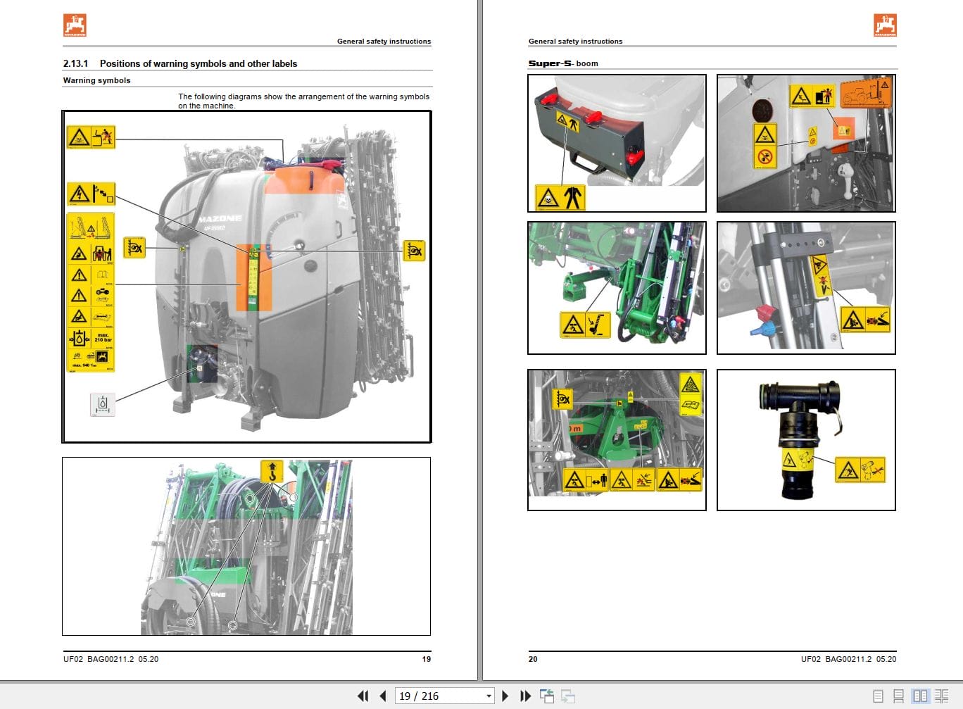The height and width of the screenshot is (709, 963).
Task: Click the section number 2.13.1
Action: (x=75, y=63)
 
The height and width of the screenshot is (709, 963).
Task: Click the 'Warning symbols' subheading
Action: (x=96, y=80)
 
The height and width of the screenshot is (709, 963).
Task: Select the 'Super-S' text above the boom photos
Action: (x=550, y=63)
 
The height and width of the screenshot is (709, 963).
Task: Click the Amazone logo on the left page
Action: (x=75, y=25)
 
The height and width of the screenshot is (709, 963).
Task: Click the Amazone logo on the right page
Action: (x=885, y=25)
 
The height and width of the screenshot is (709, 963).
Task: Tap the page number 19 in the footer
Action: (x=426, y=659)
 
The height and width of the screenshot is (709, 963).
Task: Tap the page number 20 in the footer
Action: (x=533, y=659)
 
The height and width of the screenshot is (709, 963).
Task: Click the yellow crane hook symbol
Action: (x=272, y=471)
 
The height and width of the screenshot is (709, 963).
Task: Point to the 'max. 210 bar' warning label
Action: (x=103, y=338)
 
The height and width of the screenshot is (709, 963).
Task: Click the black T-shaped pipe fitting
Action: (x=800, y=407)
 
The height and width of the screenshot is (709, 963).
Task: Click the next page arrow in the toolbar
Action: (x=505, y=696)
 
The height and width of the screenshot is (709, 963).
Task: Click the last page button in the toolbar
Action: (x=525, y=696)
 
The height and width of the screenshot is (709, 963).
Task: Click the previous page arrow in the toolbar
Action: (x=383, y=696)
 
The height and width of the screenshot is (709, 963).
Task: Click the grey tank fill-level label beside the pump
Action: (x=103, y=405)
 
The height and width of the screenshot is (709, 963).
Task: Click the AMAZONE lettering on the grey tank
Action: (x=220, y=219)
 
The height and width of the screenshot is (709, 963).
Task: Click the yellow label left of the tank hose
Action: (x=134, y=248)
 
